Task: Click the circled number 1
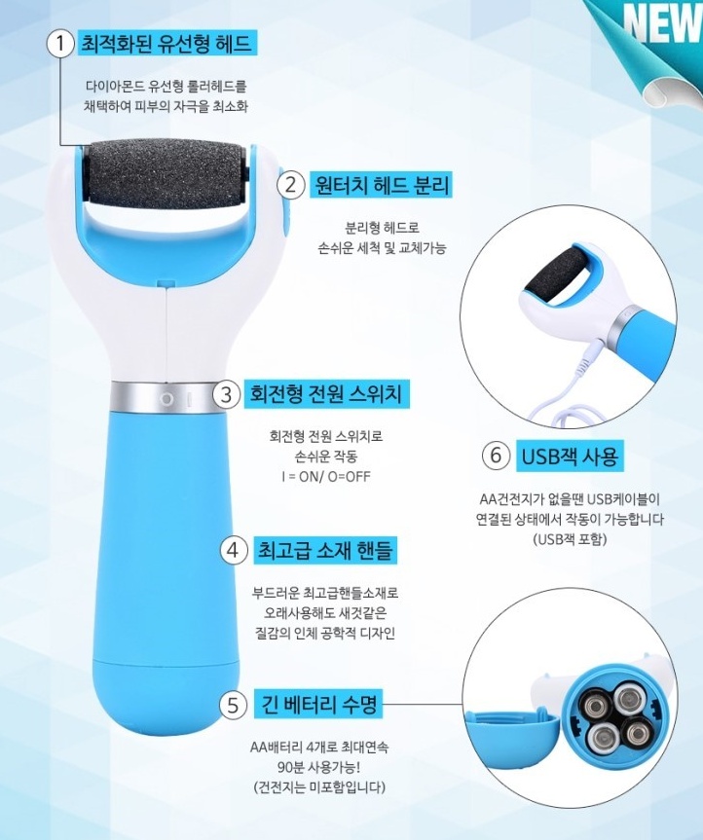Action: pos(60,44)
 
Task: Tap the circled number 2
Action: pos(290,185)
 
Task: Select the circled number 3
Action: pos(226,394)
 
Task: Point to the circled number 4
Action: pos(233,550)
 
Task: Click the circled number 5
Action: pos(233,705)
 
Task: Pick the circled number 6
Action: pos(496,456)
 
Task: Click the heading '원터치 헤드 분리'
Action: pos(381,184)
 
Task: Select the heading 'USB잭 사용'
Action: pos(570,456)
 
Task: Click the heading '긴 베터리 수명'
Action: pos(318,704)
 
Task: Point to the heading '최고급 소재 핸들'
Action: pos(325,550)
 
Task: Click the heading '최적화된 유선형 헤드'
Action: pos(166,43)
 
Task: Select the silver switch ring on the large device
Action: pos(164,398)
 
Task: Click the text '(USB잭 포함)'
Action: pos(570,539)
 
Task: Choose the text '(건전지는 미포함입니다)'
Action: pos(319,787)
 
